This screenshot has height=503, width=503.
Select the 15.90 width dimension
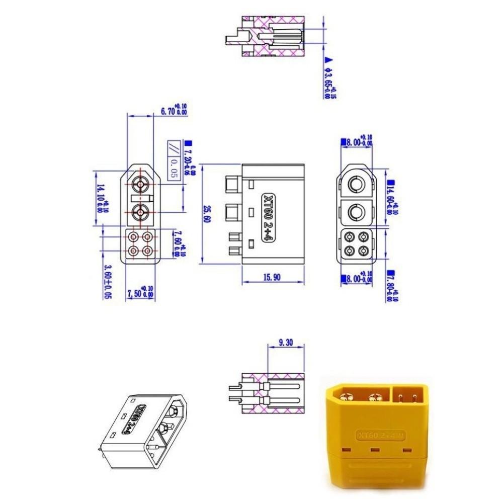coord(272,277)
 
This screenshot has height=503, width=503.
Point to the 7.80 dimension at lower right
coord(391,286)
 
